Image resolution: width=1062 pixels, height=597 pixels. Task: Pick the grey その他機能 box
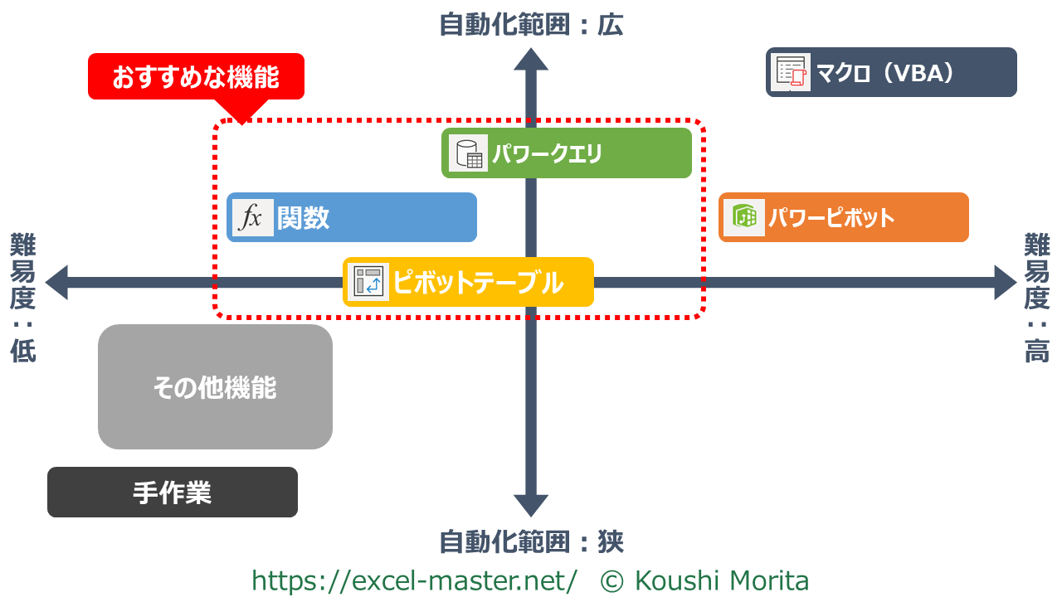pos(215,387)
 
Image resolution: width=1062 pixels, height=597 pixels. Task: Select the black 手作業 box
pos(173,493)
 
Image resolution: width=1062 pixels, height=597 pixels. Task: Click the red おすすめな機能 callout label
pos(196,77)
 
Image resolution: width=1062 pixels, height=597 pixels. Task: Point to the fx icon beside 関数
pos(252,218)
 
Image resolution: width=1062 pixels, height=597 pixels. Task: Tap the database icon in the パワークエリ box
pos(468,153)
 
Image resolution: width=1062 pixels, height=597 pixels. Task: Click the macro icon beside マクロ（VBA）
pos(791,73)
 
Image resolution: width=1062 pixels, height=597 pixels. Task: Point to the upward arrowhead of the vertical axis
pos(531,60)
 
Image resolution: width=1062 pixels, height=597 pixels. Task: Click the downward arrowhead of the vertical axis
pos(531,505)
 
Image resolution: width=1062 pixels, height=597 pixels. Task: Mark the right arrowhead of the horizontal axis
pos(1005,283)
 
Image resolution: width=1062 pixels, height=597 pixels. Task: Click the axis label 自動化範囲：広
pos(531,25)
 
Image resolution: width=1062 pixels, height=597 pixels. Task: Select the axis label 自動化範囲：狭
pos(531,542)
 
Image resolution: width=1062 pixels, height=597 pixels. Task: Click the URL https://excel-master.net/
pos(414,580)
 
